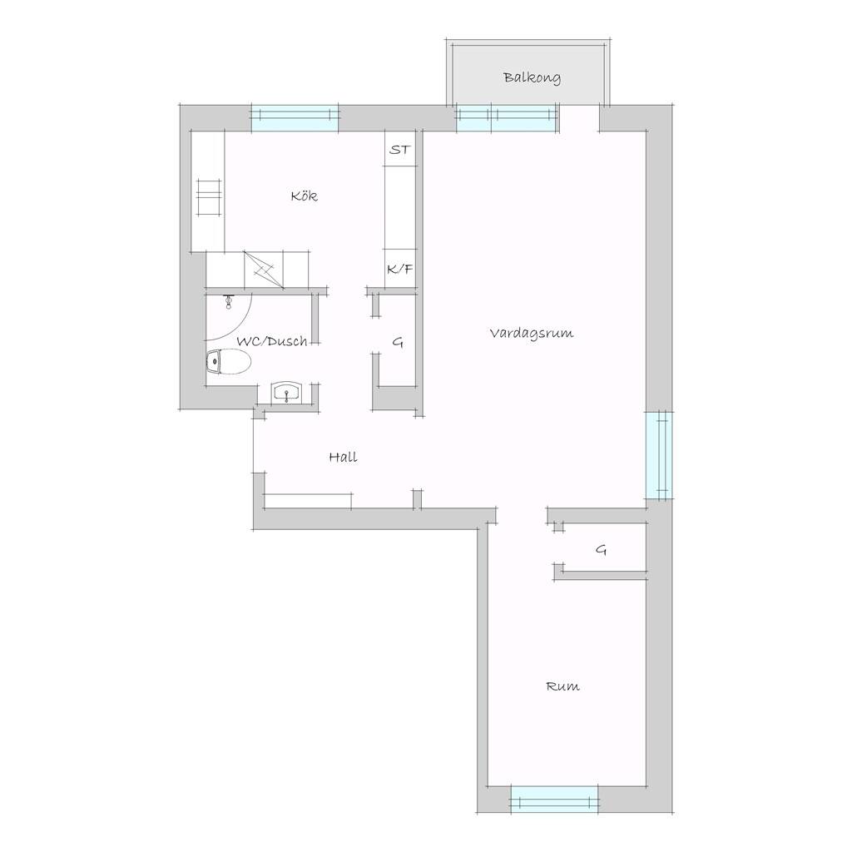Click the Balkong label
pyautogui.click(x=532, y=77)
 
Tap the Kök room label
pyautogui.click(x=305, y=196)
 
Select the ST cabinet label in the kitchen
pyautogui.click(x=400, y=150)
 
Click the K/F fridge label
pyautogui.click(x=400, y=269)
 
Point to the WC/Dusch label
pyautogui.click(x=272, y=342)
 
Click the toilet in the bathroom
pyautogui.click(x=228, y=361)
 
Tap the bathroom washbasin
pyautogui.click(x=286, y=393)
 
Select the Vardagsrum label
pyautogui.click(x=532, y=333)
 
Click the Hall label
pyautogui.click(x=343, y=457)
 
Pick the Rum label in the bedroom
pyautogui.click(x=562, y=686)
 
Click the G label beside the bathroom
pyautogui.click(x=398, y=342)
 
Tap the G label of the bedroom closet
pyautogui.click(x=601, y=550)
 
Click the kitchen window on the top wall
pyautogui.click(x=295, y=117)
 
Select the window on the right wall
pyautogui.click(x=659, y=455)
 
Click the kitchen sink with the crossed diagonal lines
pyautogui.click(x=264, y=270)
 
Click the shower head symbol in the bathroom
pyautogui.click(x=229, y=301)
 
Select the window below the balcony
pyautogui.click(x=508, y=118)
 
